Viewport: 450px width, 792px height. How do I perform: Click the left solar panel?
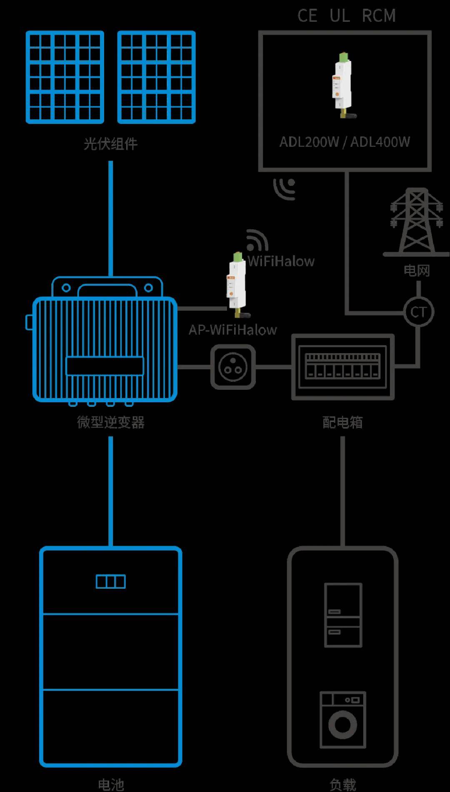tap(65, 77)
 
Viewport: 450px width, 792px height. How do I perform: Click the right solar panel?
tap(156, 77)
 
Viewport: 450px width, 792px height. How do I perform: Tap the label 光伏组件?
tap(110, 144)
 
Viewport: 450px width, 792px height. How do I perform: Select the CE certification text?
tap(307, 16)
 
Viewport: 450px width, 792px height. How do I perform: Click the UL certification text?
tap(340, 16)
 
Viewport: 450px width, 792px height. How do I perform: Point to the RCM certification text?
tap(379, 16)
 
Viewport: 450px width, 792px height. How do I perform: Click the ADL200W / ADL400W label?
tap(345, 142)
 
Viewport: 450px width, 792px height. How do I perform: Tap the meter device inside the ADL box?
tap(342, 85)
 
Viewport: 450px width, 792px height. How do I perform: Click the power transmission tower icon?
tap(416, 221)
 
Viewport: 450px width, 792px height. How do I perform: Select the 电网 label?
tap(416, 271)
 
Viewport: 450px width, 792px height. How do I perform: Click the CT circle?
tap(418, 312)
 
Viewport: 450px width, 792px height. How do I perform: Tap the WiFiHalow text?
tap(281, 261)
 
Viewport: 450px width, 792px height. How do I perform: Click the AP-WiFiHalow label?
tap(232, 330)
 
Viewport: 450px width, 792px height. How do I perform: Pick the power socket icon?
tap(233, 367)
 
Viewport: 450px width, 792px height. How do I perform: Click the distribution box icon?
tap(342, 367)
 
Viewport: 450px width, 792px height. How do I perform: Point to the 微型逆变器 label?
tap(110, 422)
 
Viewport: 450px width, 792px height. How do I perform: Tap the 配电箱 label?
tap(342, 422)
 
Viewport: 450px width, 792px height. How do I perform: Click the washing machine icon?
tap(342, 720)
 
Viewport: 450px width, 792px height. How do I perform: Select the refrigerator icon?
tap(343, 615)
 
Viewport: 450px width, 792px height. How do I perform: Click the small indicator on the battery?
tap(110, 581)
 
